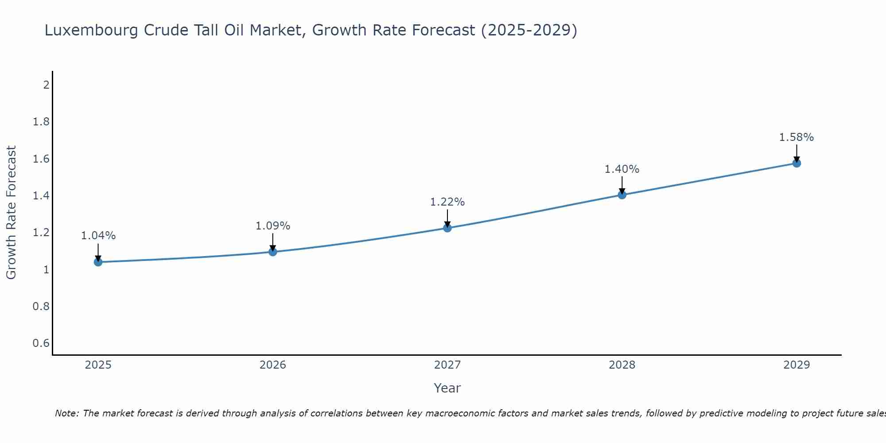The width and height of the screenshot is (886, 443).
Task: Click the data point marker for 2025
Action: point(98,262)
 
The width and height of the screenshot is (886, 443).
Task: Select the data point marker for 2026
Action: point(273,252)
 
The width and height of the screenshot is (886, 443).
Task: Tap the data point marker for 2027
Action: point(447,228)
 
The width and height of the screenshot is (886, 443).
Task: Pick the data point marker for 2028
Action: point(622,195)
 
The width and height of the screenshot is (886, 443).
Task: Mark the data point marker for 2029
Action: point(797,163)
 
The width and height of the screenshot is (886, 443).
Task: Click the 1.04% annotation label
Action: point(98,236)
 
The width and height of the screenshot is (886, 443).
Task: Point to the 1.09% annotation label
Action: point(273,226)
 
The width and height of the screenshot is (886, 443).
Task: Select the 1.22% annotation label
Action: point(447,202)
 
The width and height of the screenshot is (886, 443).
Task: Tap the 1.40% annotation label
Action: point(622,169)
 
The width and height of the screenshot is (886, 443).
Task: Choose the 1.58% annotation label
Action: point(797,137)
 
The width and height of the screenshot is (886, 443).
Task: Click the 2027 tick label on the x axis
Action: point(447,365)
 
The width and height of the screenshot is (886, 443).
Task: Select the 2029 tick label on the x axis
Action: point(797,365)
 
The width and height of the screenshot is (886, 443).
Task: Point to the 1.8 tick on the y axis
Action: point(41,122)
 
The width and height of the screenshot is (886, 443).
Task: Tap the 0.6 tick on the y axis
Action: point(41,343)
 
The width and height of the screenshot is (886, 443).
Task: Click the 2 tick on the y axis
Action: point(46,85)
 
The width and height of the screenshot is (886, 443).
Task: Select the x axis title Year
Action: point(447,388)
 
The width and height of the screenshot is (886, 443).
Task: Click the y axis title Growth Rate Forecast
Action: point(12,213)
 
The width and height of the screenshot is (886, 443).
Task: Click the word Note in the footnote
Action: point(66,413)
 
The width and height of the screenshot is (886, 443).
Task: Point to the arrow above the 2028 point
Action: point(622,185)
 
